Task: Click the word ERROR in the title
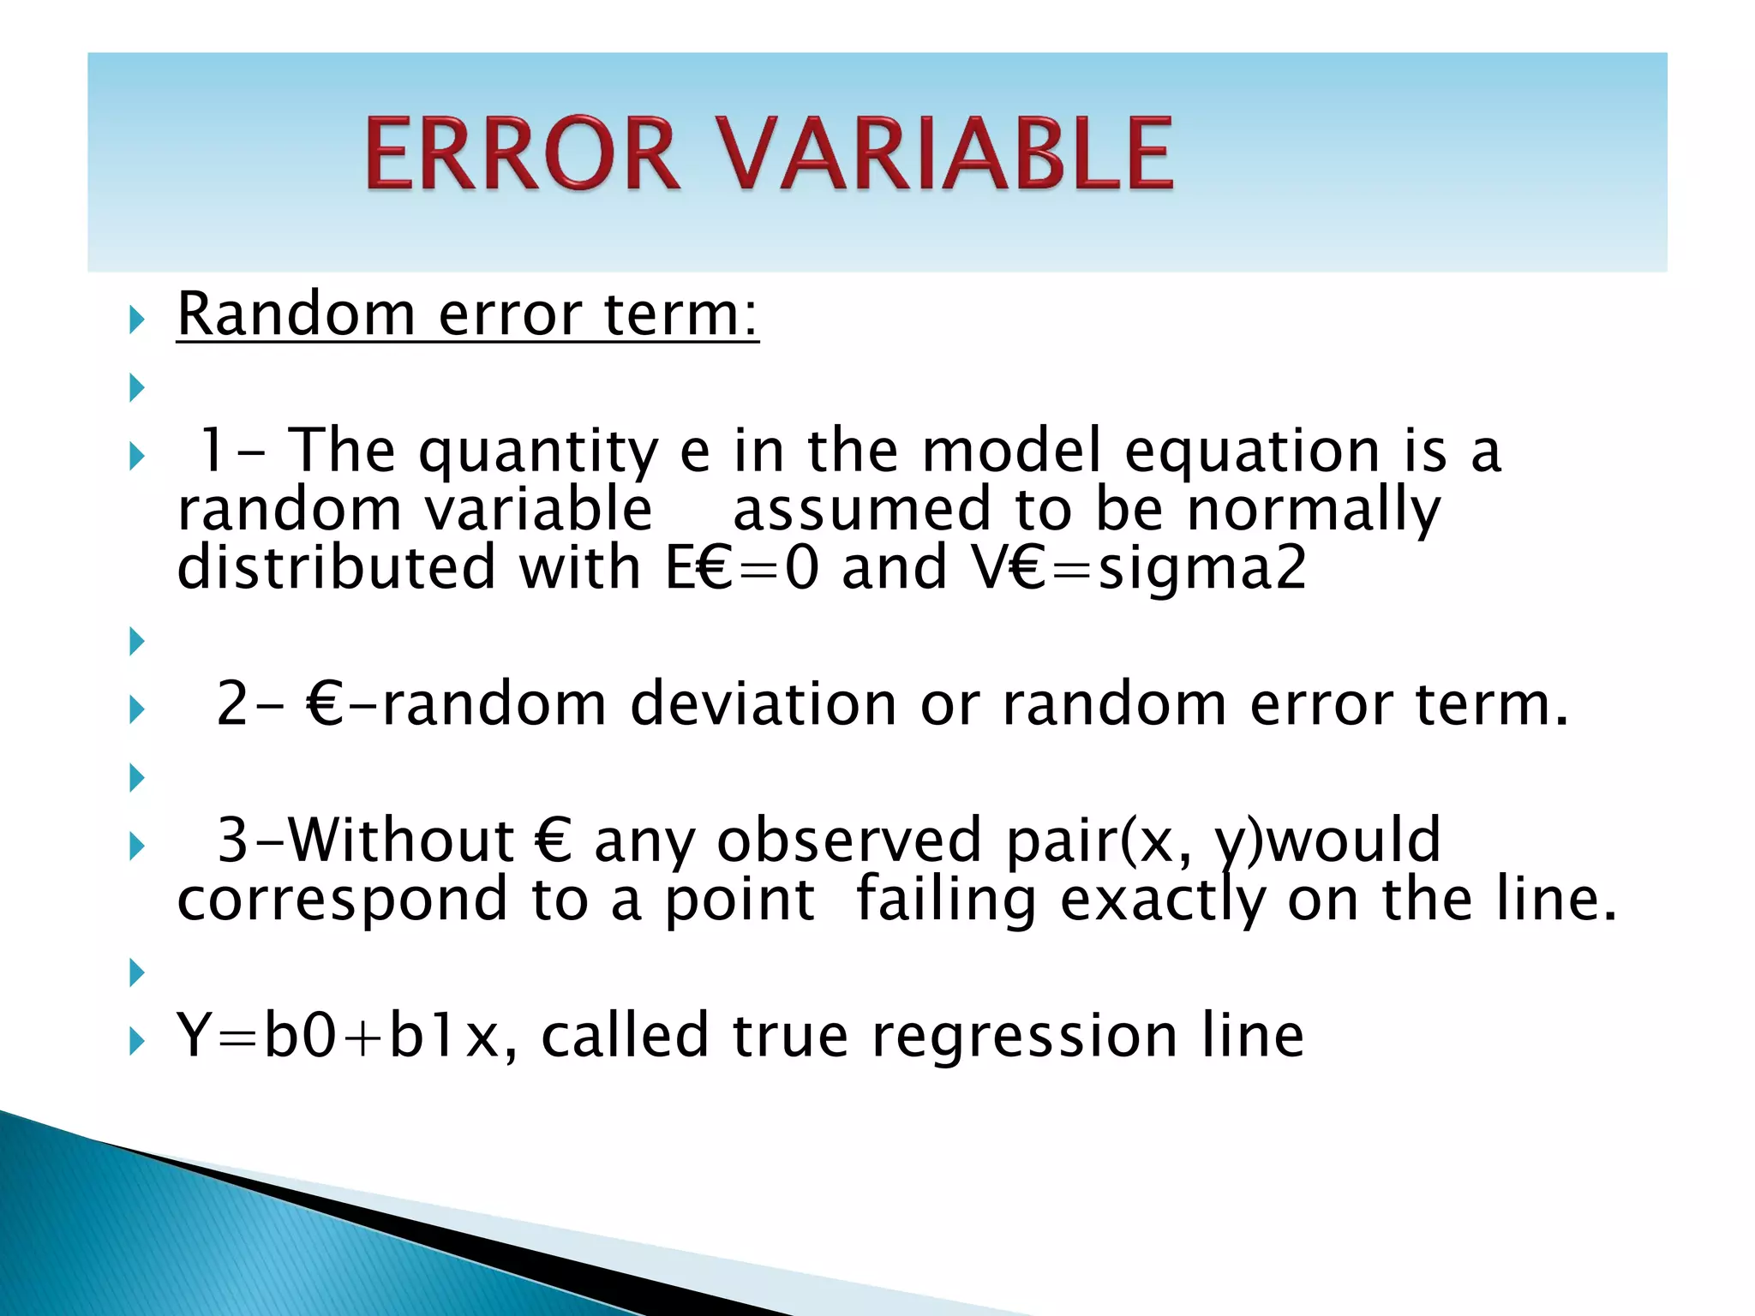pyautogui.click(x=523, y=154)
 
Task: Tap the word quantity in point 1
pyautogui.click(x=538, y=452)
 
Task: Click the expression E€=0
pyautogui.click(x=742, y=568)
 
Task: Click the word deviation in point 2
pyautogui.click(x=764, y=704)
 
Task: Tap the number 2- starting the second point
pyautogui.click(x=249, y=704)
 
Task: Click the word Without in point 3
pyautogui.click(x=400, y=840)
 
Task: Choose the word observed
pyautogui.click(x=849, y=840)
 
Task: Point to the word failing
pyautogui.click(x=946, y=900)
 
